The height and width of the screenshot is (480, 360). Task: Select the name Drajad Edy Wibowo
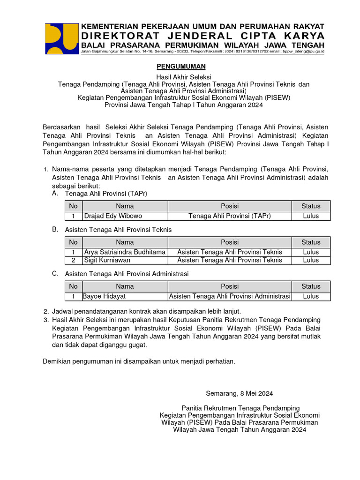pyautogui.click(x=112, y=216)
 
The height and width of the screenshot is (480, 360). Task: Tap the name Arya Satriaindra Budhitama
pyautogui.click(x=125, y=252)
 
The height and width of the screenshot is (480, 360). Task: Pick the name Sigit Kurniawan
pyautogui.click(x=107, y=260)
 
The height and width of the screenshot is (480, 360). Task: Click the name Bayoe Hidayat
pyautogui.click(x=105, y=296)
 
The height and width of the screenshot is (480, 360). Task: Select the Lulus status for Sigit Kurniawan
pyautogui.click(x=311, y=260)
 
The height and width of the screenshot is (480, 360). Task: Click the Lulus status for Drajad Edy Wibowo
pyautogui.click(x=311, y=216)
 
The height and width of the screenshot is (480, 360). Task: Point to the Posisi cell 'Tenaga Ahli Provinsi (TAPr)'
pyautogui.click(x=230, y=216)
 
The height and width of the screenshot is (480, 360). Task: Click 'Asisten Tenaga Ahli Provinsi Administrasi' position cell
pyautogui.click(x=230, y=296)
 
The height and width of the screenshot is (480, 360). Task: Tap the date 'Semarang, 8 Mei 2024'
pyautogui.click(x=240, y=393)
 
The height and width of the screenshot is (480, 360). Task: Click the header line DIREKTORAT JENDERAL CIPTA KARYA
pyautogui.click(x=203, y=36)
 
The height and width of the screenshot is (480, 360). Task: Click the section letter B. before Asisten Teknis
pyautogui.click(x=55, y=229)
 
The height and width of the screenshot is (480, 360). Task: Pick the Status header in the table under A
pyautogui.click(x=311, y=206)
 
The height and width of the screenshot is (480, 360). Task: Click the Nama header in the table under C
pyautogui.click(x=125, y=286)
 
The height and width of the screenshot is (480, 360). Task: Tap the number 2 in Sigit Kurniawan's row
pyautogui.click(x=73, y=260)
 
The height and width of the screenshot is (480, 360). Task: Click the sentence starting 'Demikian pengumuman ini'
pyautogui.click(x=139, y=361)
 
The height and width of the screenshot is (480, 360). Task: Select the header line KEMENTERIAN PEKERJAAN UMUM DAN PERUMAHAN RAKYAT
pyautogui.click(x=203, y=26)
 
